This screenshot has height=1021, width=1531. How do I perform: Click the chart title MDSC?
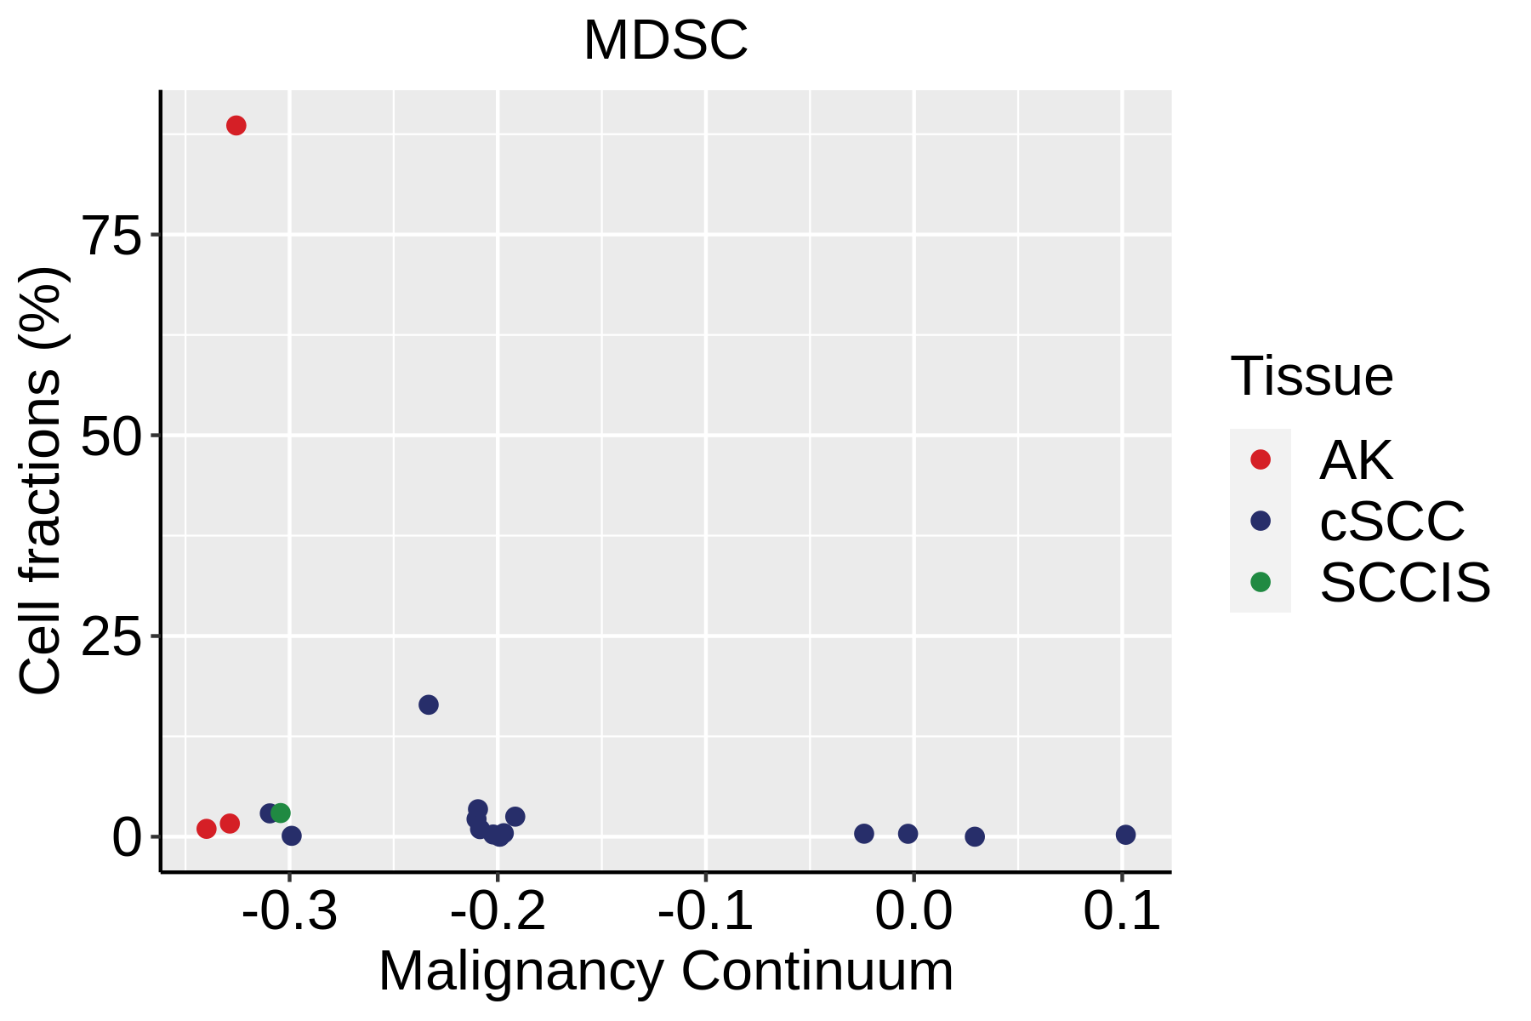point(665,40)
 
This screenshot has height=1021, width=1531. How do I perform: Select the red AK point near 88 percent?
point(236,126)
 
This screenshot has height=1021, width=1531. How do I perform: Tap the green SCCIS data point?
point(281,813)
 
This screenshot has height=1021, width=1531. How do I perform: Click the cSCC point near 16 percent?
point(429,704)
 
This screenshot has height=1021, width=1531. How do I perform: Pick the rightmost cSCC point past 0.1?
point(1125,835)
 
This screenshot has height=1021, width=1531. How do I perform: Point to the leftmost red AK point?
point(207,829)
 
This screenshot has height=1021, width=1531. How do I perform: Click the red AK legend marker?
point(1261,459)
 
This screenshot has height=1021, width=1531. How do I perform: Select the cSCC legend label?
point(1392,521)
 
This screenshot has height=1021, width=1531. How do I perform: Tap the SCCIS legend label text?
point(1405,583)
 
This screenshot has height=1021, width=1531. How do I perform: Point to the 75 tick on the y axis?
point(111,235)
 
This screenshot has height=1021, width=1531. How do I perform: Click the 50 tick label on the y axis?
point(111,436)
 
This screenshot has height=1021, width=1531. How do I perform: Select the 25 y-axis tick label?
point(111,636)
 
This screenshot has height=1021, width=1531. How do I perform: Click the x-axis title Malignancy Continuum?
point(665,972)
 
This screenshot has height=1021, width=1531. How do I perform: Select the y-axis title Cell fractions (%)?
point(40,481)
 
